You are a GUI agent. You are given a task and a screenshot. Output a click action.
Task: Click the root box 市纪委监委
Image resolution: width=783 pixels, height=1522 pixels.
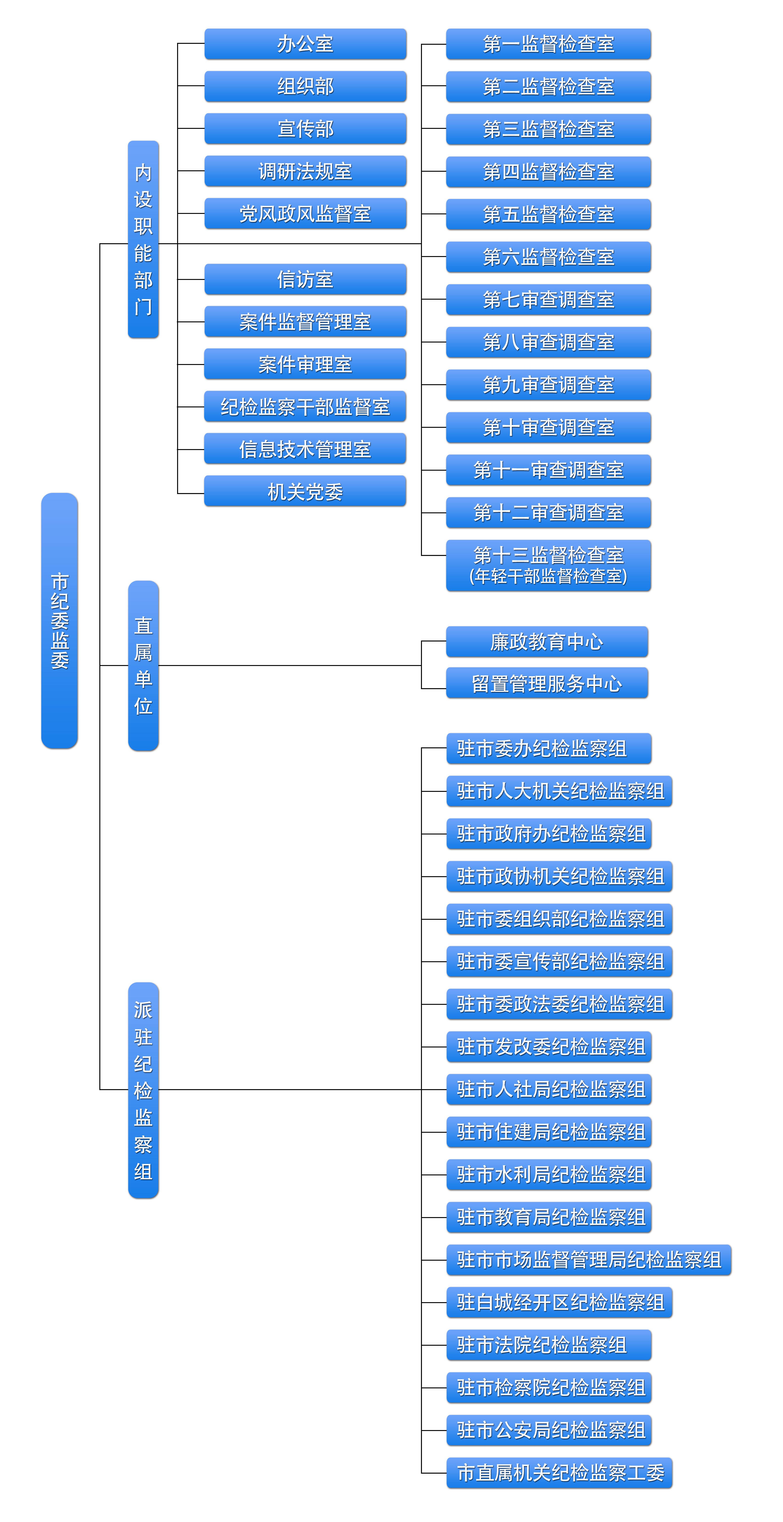(59, 620)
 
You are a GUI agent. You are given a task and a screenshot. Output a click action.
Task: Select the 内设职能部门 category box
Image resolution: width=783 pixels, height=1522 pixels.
(143, 239)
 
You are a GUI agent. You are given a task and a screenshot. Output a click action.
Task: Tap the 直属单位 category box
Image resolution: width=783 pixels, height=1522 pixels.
(143, 666)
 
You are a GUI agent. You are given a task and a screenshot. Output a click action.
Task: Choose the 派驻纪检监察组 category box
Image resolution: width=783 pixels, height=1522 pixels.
(143, 1090)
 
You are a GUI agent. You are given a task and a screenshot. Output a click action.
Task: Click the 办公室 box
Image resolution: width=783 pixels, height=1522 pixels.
(305, 44)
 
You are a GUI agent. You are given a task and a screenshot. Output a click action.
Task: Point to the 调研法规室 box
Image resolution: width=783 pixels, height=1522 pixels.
(305, 171)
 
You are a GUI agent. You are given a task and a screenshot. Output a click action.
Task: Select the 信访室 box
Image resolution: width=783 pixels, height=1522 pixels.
(305, 279)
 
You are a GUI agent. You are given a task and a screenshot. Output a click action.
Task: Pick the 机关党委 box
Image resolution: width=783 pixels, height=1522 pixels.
(305, 492)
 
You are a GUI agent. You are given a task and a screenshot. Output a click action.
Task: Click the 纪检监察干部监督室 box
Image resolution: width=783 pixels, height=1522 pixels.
(305, 406)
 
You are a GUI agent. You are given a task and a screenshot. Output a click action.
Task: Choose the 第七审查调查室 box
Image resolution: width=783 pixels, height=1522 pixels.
(548, 300)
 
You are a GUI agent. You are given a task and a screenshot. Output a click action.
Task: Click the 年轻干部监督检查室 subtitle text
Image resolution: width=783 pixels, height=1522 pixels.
(548, 576)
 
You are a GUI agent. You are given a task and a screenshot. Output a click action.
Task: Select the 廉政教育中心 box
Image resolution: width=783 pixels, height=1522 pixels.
(547, 642)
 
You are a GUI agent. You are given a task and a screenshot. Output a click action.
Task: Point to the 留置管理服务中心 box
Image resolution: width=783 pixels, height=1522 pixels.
(547, 684)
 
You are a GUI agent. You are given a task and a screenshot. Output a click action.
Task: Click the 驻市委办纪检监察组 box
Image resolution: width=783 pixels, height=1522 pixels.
(549, 749)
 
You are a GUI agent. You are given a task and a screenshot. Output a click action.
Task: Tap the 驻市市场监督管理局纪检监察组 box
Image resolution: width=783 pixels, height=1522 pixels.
(589, 1260)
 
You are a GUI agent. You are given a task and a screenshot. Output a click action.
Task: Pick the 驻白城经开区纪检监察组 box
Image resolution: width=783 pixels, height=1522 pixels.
(560, 1302)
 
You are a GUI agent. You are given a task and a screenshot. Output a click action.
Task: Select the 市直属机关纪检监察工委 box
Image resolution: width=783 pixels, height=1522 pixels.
(560, 1472)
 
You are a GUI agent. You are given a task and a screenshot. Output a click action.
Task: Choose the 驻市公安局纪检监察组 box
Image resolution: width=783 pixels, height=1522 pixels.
(549, 1430)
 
